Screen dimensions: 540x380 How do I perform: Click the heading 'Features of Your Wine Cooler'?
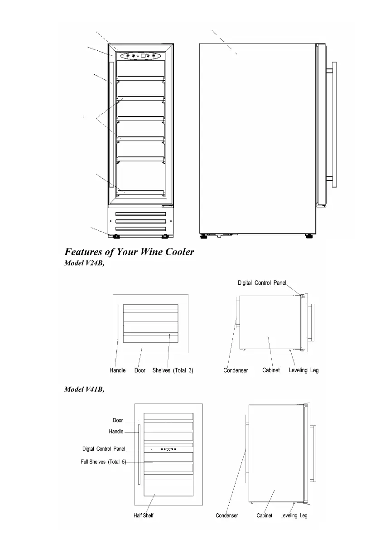[130, 252]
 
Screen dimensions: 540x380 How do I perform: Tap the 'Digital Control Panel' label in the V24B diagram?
[262, 283]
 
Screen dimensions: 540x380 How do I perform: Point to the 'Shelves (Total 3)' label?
[173, 370]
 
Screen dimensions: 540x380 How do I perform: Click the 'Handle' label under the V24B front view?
[118, 370]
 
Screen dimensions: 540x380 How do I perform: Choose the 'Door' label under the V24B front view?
[140, 370]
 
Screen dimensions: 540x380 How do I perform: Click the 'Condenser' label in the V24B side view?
[236, 370]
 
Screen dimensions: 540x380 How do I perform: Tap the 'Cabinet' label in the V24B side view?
[271, 370]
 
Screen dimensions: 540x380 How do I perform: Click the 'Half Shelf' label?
[144, 516]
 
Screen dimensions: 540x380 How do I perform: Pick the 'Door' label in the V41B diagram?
[118, 420]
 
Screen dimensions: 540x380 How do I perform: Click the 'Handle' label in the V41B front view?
[116, 432]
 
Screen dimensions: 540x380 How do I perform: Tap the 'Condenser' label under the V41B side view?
[227, 516]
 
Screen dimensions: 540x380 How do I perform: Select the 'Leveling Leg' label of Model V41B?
[293, 516]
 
